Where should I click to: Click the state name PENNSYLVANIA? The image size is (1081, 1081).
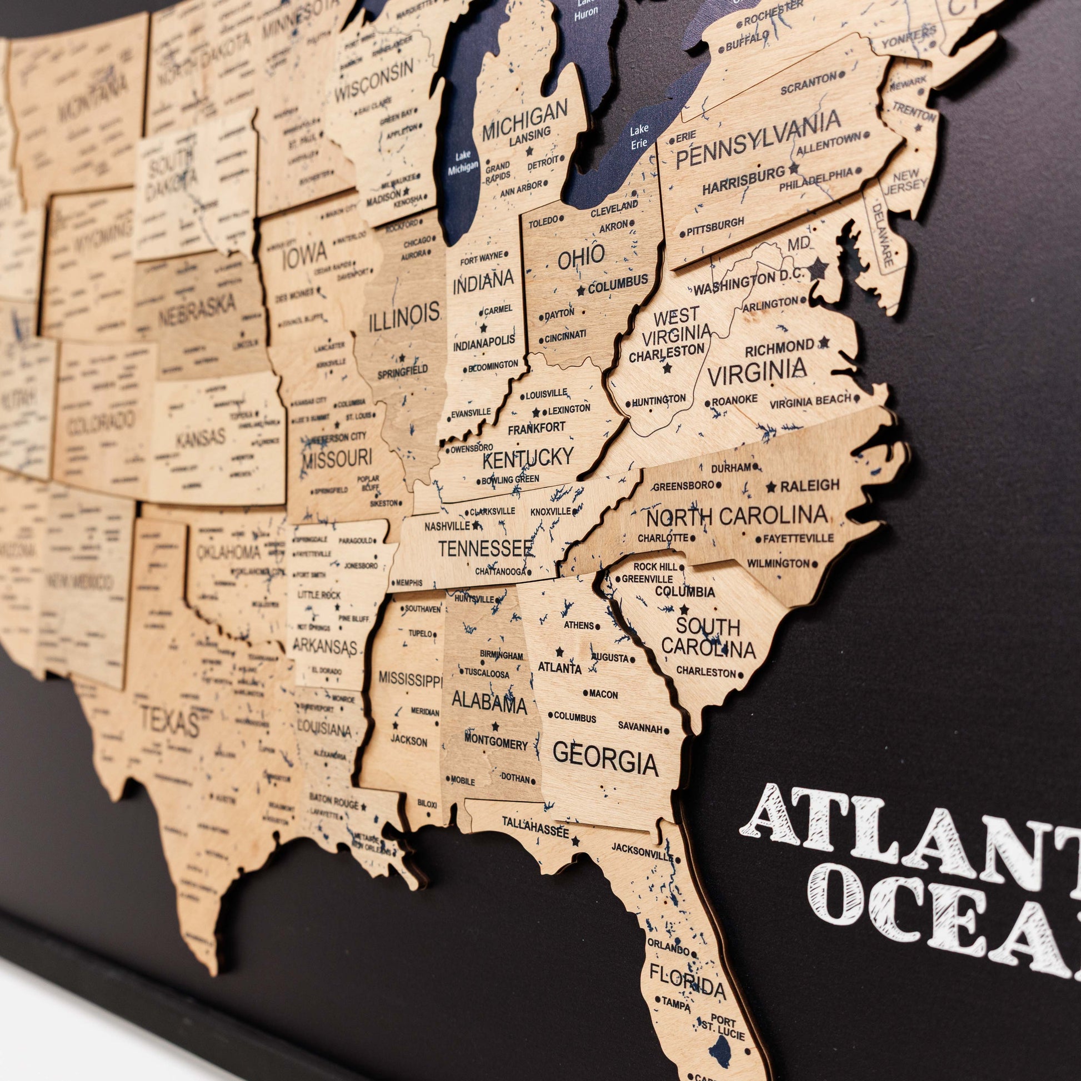(758, 138)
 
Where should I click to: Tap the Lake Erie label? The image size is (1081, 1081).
(639, 136)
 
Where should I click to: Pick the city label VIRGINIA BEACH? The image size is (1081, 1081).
(809, 401)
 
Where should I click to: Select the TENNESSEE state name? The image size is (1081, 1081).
(484, 548)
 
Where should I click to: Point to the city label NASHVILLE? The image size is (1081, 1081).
(447, 526)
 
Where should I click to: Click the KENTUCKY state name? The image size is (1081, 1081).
(528, 458)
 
